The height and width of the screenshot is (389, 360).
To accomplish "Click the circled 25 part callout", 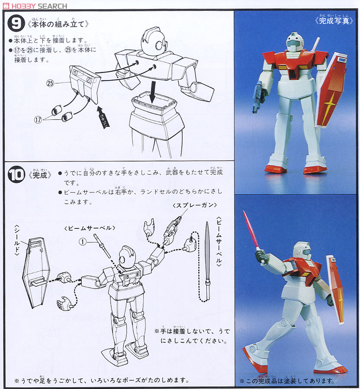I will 50,83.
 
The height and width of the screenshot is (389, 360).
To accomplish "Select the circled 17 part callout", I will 38,120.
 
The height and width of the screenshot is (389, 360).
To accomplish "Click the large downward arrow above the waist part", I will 152,93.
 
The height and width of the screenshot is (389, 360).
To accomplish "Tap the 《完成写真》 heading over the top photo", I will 334,20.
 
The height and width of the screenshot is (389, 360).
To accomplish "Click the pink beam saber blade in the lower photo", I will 251,230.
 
